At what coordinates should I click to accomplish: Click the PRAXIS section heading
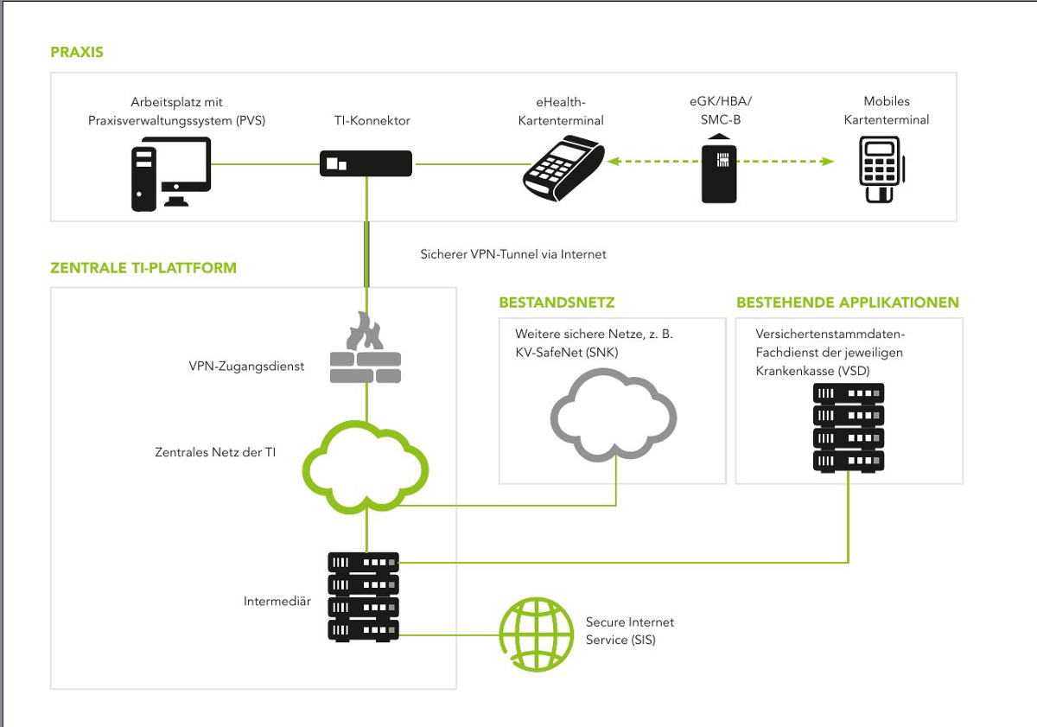pyautogui.click(x=77, y=52)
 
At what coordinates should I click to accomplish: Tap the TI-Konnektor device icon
pyautogui.click(x=366, y=163)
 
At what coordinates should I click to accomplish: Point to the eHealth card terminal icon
pyautogui.click(x=563, y=167)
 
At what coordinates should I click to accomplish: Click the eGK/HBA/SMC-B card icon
pyautogui.click(x=719, y=172)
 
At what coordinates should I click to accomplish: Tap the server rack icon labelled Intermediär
pyautogui.click(x=364, y=596)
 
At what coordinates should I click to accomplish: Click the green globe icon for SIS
pyautogui.click(x=536, y=634)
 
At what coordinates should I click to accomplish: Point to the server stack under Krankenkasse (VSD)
pyautogui.click(x=849, y=427)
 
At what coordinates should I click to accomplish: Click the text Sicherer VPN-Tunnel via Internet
pyautogui.click(x=513, y=254)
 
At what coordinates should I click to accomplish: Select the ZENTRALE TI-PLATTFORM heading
pyautogui.click(x=143, y=268)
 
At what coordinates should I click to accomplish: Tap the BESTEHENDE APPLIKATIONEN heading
pyautogui.click(x=848, y=303)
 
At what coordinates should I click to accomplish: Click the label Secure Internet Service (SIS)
pyautogui.click(x=629, y=631)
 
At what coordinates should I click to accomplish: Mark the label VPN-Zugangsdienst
pyautogui.click(x=246, y=366)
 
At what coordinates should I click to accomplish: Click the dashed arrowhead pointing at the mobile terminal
pyautogui.click(x=829, y=162)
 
